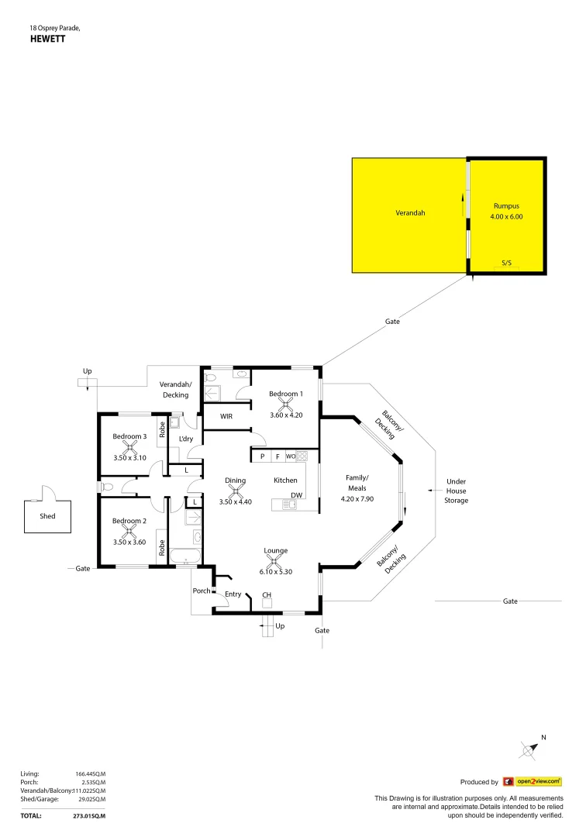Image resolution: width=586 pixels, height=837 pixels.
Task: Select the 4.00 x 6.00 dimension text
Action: click(x=508, y=217)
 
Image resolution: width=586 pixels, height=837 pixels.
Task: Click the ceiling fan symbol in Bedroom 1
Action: click(x=286, y=404)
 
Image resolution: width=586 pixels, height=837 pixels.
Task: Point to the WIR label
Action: click(x=226, y=416)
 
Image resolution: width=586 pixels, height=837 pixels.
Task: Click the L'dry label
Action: click(x=185, y=439)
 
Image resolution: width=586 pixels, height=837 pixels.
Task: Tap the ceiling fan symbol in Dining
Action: click(x=236, y=491)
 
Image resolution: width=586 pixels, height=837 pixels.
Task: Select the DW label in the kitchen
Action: click(x=296, y=495)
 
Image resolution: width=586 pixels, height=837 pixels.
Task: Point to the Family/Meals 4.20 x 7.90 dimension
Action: click(x=357, y=499)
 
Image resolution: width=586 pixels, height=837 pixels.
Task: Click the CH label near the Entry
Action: click(x=267, y=595)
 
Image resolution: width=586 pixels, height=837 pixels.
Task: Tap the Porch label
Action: click(x=201, y=591)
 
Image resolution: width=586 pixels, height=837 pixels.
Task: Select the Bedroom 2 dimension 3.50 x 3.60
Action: click(x=129, y=542)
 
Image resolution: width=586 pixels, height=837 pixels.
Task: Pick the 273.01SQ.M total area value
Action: click(x=90, y=816)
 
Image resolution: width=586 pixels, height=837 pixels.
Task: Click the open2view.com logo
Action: click(x=532, y=782)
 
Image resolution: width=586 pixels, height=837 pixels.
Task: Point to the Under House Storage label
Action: click(x=457, y=491)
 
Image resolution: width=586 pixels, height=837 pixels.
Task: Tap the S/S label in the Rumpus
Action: click(x=506, y=263)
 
